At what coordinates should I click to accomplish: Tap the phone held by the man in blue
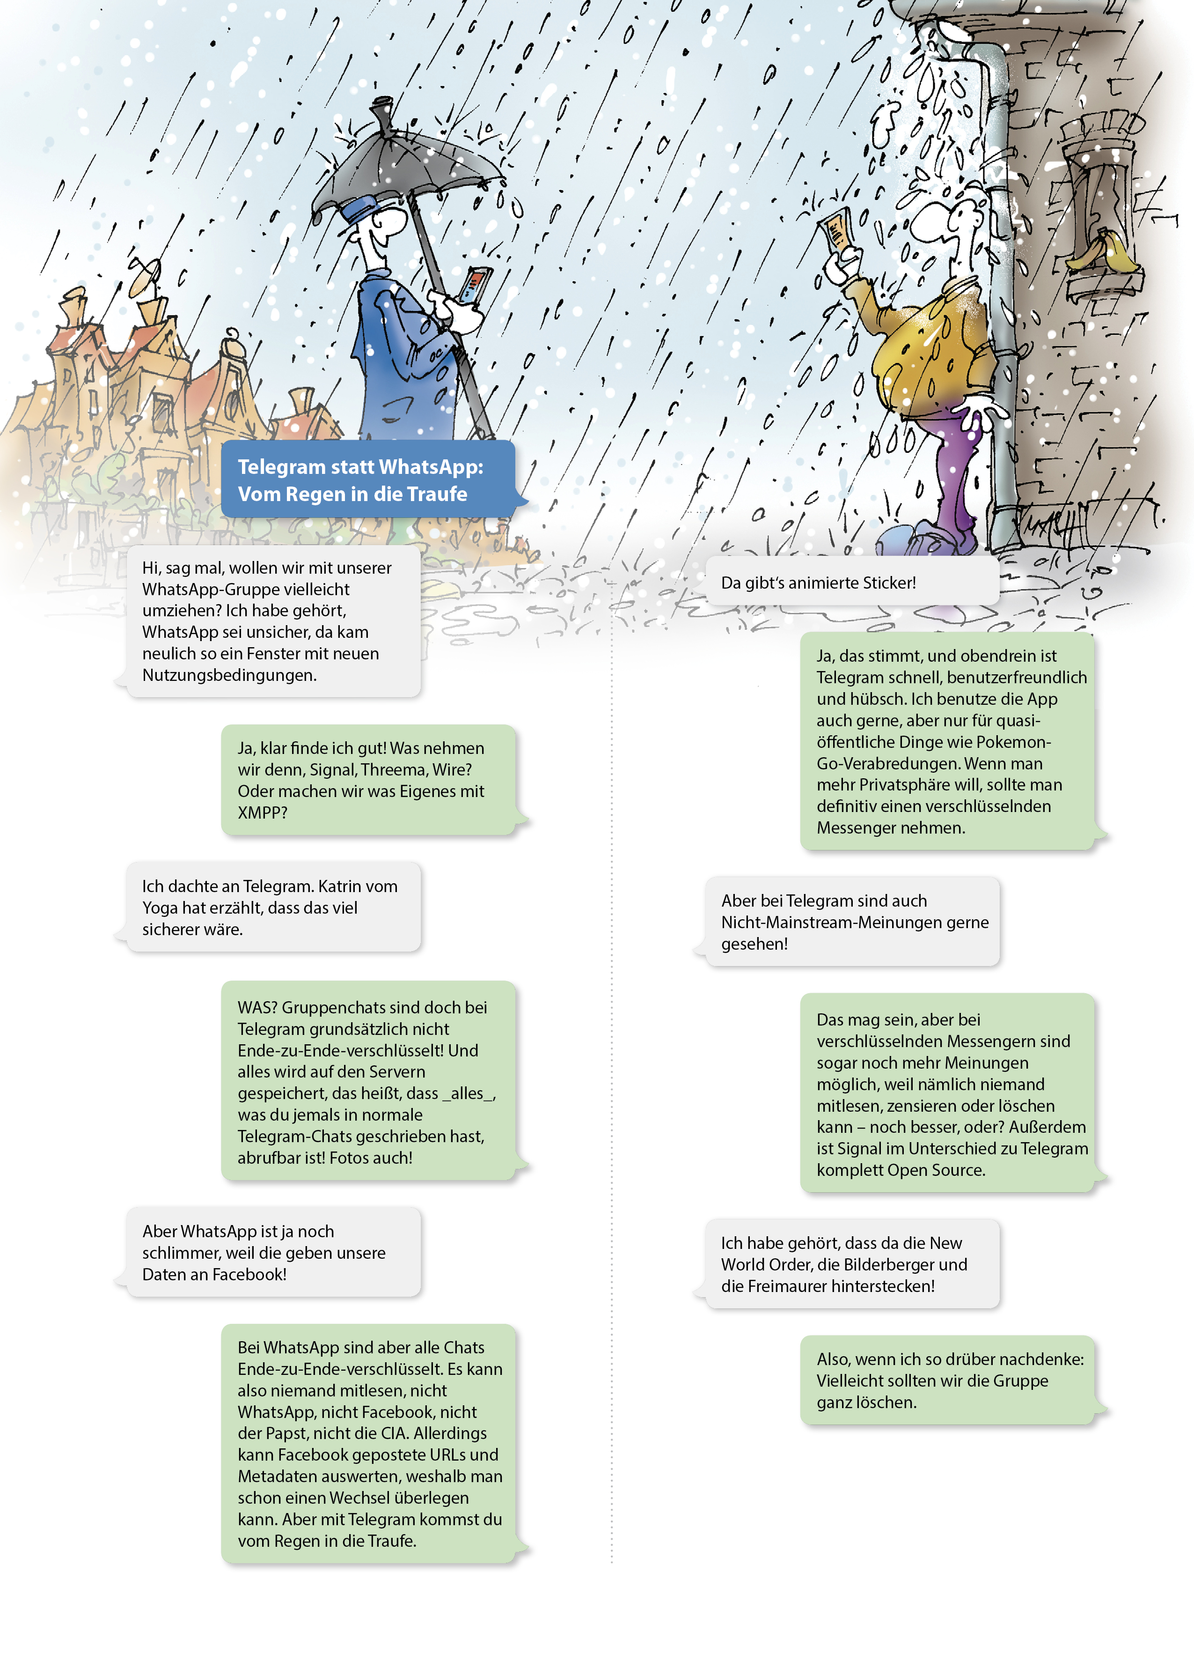tap(474, 285)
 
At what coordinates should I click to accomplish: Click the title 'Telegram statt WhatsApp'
tap(360, 467)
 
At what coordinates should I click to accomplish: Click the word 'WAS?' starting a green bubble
tap(256, 1007)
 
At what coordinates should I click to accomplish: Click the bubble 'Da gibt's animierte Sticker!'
tap(818, 583)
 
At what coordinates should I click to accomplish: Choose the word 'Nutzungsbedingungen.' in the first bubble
tap(229, 675)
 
